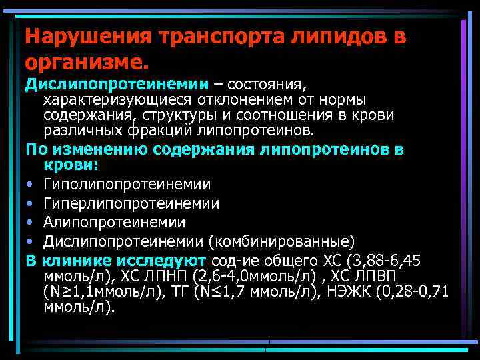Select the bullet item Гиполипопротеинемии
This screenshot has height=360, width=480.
pos(127,184)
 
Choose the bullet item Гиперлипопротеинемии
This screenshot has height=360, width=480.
pos(131,203)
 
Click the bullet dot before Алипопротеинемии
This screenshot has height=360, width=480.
pos(30,222)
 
